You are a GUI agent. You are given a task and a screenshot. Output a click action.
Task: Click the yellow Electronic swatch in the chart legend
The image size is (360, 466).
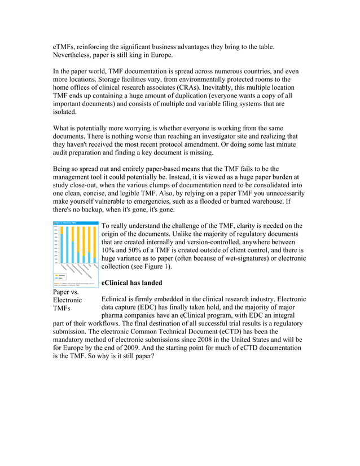click(56, 275)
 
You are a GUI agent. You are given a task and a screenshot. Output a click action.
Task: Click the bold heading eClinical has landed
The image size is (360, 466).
click(131, 283)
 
